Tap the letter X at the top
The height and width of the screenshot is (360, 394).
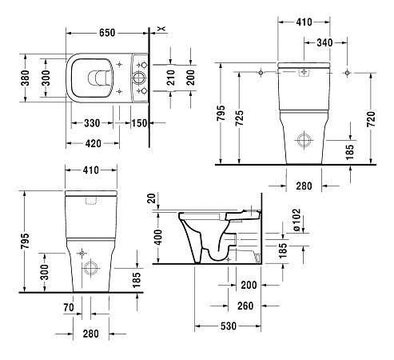[x=161, y=30]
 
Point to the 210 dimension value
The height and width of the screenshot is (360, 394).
[x=171, y=78]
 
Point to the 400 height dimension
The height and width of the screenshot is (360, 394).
[x=158, y=238]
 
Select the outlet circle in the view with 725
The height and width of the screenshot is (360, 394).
[x=305, y=141]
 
